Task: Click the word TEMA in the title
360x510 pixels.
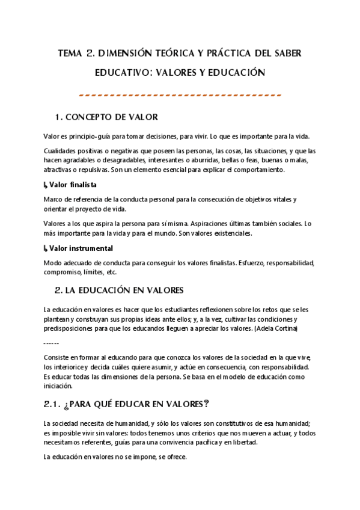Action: click(69, 53)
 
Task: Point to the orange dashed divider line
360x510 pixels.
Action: click(180, 95)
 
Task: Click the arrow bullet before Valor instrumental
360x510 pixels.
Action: click(46, 248)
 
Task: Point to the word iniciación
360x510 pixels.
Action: click(58, 386)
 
